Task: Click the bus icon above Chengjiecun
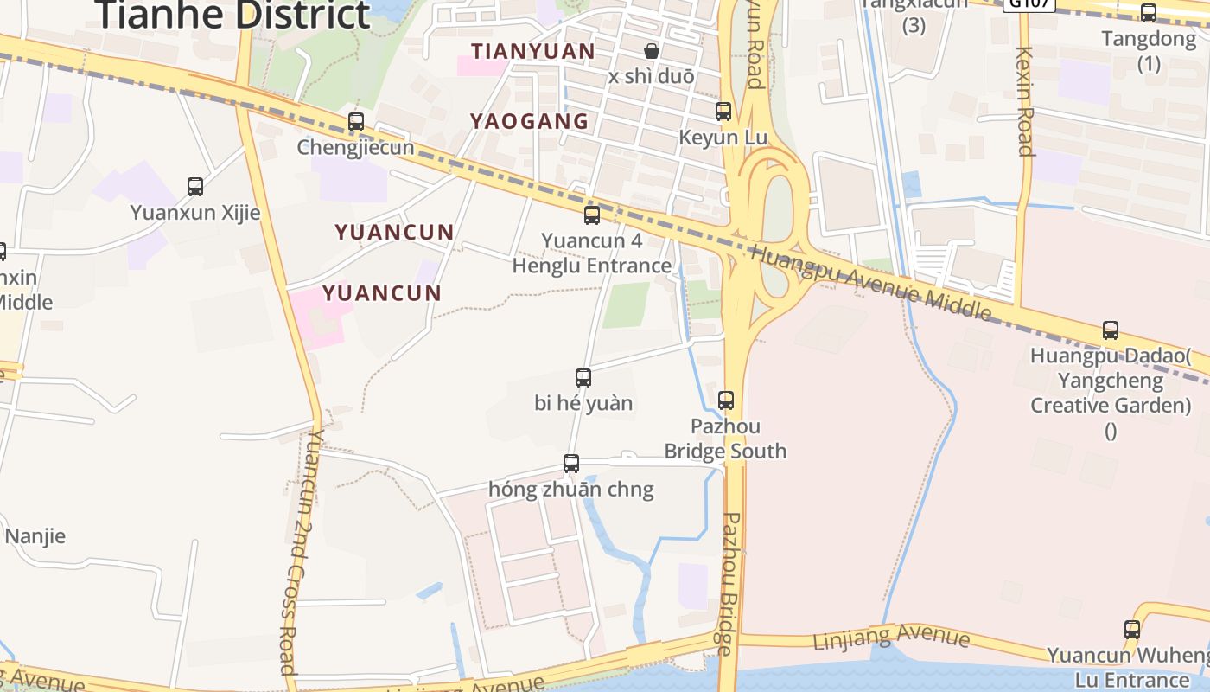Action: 356,122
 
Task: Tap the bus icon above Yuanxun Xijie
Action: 195,186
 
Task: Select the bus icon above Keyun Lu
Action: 723,112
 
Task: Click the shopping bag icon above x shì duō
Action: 652,52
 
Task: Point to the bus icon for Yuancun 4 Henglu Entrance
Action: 592,215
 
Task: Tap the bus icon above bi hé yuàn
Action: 583,378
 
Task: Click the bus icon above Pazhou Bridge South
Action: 726,400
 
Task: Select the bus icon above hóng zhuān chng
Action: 571,464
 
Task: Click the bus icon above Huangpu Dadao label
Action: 1111,330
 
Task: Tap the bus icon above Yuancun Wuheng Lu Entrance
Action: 1132,630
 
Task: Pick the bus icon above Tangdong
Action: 1149,13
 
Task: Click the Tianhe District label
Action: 233,15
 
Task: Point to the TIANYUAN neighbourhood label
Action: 533,52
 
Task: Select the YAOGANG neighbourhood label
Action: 529,121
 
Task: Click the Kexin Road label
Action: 1025,100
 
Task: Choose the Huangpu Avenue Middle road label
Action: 870,280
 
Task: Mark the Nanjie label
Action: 35,536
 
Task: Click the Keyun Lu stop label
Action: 723,138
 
